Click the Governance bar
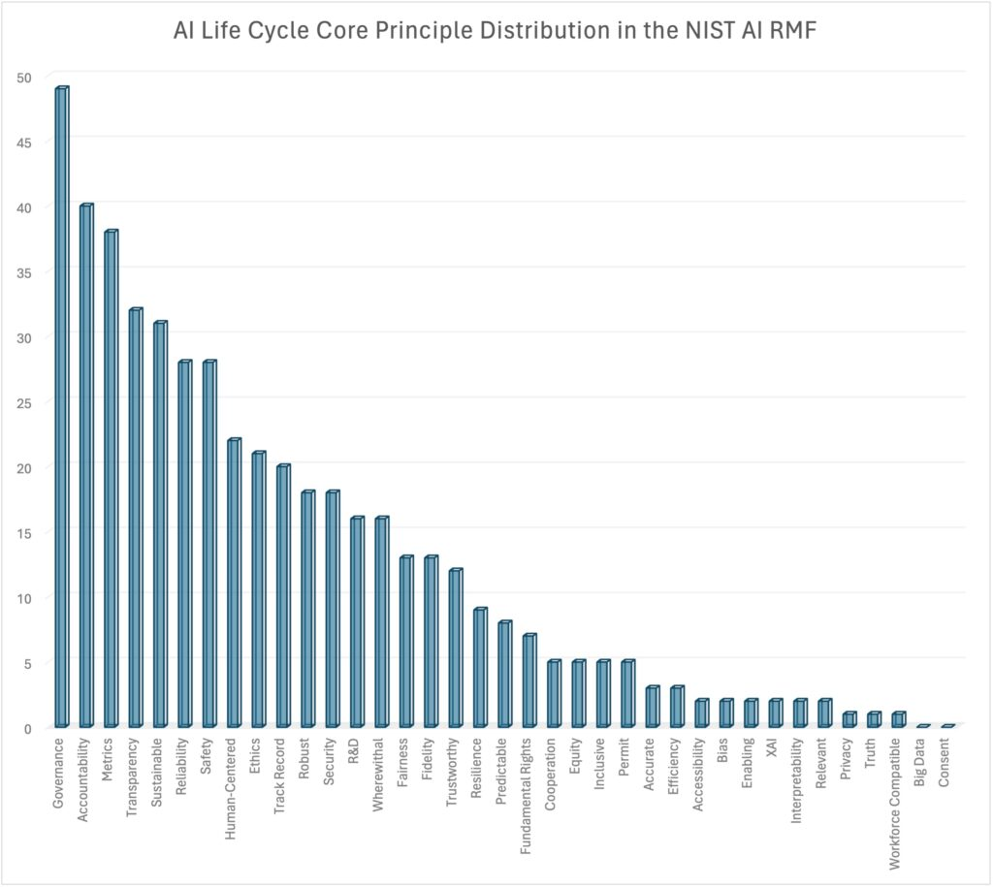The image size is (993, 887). [x=61, y=407]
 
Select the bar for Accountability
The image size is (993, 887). [x=85, y=465]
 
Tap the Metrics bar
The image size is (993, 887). [x=111, y=479]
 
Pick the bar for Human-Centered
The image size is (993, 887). [x=233, y=583]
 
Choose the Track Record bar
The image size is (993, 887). [x=282, y=596]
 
